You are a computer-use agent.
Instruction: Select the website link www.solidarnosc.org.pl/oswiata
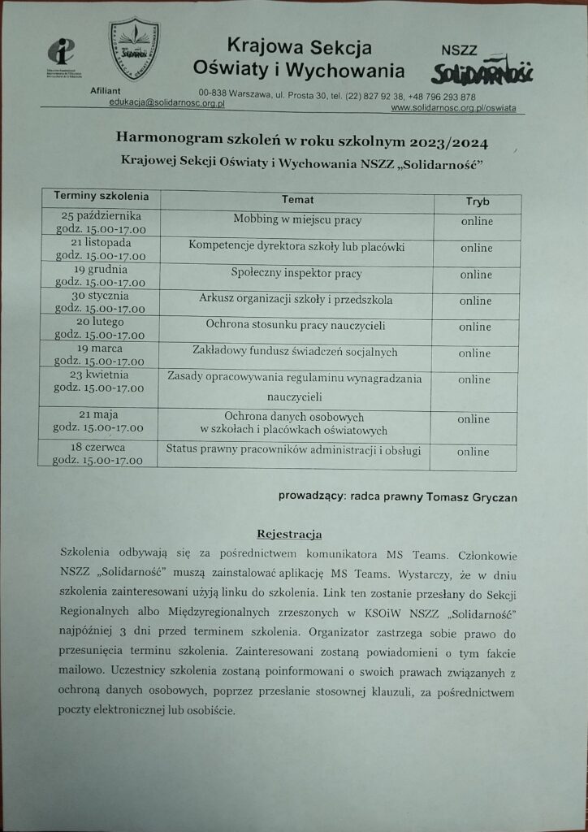452,107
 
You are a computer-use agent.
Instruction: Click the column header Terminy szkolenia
101,197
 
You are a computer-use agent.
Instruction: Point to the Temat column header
297,200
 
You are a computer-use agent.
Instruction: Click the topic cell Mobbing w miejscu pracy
297,220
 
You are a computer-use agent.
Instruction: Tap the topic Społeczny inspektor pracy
296,273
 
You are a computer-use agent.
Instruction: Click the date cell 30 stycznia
101,296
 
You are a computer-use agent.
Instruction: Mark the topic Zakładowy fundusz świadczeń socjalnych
296,353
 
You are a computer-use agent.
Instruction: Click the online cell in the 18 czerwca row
473,452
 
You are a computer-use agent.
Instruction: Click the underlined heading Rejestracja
289,534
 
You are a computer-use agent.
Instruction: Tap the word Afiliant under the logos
106,92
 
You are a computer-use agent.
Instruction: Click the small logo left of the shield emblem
61,54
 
